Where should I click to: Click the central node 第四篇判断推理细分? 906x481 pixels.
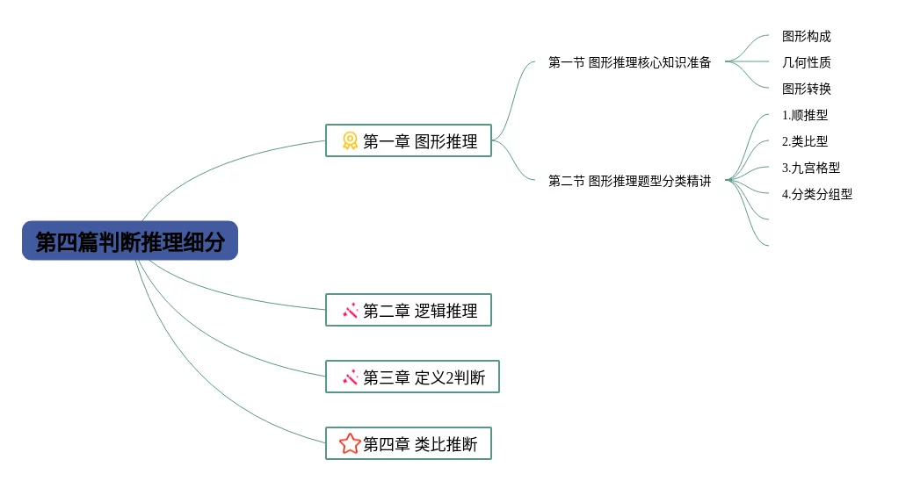pyautogui.click(x=130, y=241)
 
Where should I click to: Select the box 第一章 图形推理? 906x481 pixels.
pyautogui.click(x=409, y=140)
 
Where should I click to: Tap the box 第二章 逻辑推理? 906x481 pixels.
pyautogui.click(x=409, y=310)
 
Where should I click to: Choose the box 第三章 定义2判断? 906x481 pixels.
pyautogui.click(x=412, y=377)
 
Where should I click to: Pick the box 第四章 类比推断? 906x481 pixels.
pyautogui.click(x=409, y=444)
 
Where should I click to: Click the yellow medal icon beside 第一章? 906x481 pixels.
pyautogui.click(x=350, y=140)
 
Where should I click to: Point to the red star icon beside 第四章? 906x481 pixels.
pyautogui.click(x=350, y=444)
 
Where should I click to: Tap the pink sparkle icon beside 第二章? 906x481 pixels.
pyautogui.click(x=350, y=310)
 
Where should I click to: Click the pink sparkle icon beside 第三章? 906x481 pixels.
pyautogui.click(x=350, y=377)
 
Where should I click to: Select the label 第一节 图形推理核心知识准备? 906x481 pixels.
pyautogui.click(x=629, y=62)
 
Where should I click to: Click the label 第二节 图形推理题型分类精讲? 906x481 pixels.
pyautogui.click(x=629, y=181)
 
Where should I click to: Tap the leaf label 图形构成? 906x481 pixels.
pyautogui.click(x=806, y=37)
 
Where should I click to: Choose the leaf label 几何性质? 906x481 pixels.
pyautogui.click(x=806, y=62)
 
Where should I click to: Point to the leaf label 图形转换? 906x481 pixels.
pyautogui.click(x=806, y=89)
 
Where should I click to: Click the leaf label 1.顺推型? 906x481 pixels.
pyautogui.click(x=804, y=115)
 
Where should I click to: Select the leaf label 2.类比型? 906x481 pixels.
pyautogui.click(x=804, y=141)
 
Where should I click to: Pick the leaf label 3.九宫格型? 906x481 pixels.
pyautogui.click(x=810, y=168)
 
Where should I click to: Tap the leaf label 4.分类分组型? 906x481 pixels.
pyautogui.click(x=816, y=194)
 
